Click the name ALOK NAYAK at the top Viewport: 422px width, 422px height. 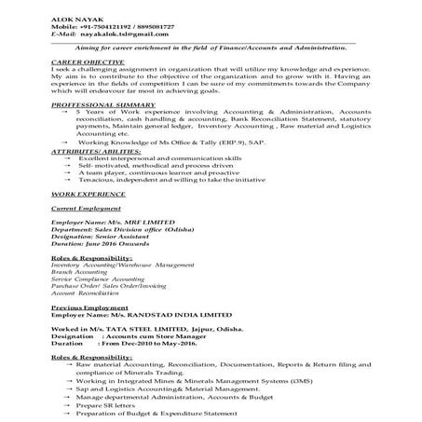[73, 7]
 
